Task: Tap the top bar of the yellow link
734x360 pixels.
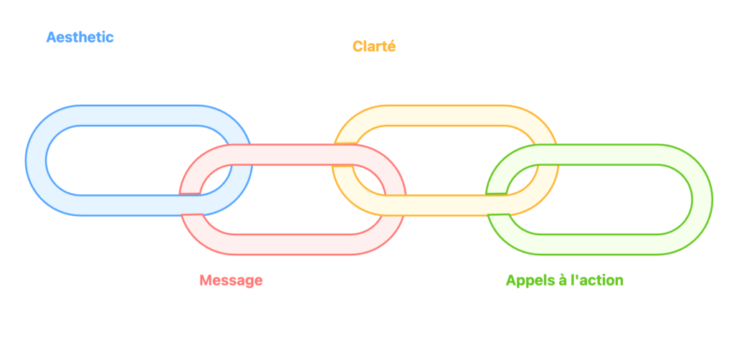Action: click(444, 115)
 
